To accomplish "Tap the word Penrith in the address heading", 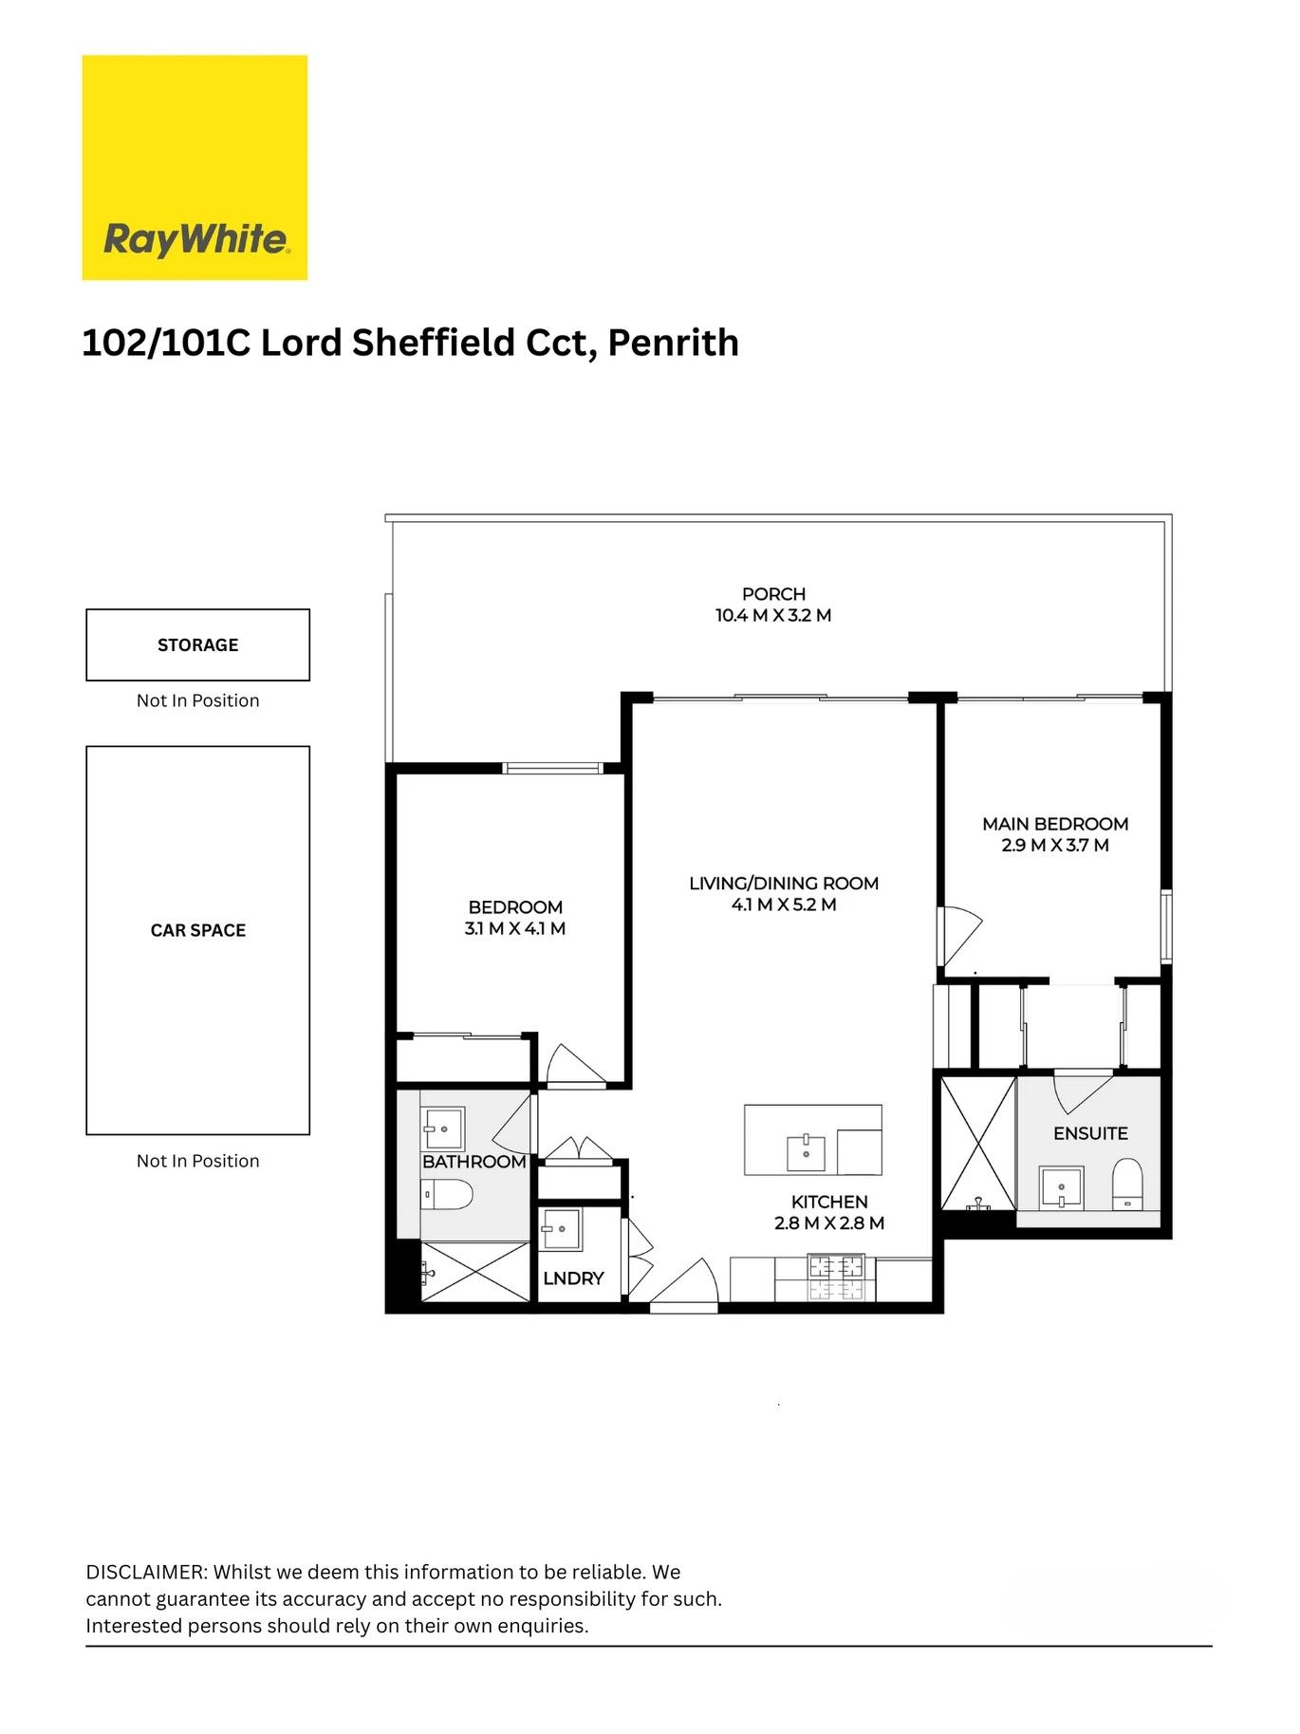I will pyautogui.click(x=673, y=343).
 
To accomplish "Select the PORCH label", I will pyautogui.click(x=773, y=594).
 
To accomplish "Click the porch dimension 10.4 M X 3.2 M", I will pyautogui.click(x=773, y=616).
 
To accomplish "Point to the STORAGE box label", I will pyautogui.click(x=197, y=645).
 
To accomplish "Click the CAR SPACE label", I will pyautogui.click(x=197, y=931).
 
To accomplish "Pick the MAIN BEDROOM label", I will pyautogui.click(x=1054, y=824).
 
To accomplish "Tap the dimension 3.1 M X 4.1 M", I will pyautogui.click(x=514, y=929).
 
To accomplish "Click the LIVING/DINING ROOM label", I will pyautogui.click(x=784, y=884).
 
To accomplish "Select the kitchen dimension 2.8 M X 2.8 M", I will pyautogui.click(x=828, y=1223).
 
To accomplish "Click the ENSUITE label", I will pyautogui.click(x=1090, y=1133).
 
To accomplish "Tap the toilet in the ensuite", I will pyautogui.click(x=1127, y=1184).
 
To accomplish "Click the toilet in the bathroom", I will pyautogui.click(x=448, y=1195).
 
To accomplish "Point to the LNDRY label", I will pyautogui.click(x=573, y=1278).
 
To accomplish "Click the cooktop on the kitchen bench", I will pyautogui.click(x=836, y=1277).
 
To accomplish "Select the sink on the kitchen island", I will pyautogui.click(x=806, y=1153).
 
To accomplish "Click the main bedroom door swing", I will pyautogui.click(x=958, y=935).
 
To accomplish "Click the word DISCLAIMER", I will pyautogui.click(x=145, y=1572).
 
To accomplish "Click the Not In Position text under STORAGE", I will pyautogui.click(x=197, y=700).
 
